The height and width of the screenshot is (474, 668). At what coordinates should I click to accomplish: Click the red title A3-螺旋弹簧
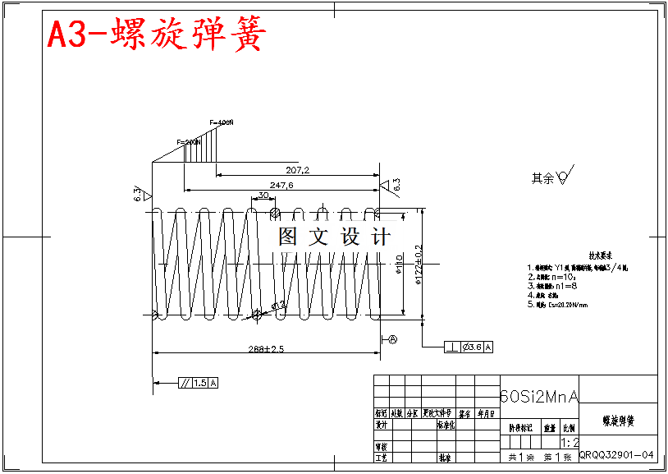156,35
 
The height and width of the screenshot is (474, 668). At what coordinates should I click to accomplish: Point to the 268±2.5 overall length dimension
266,349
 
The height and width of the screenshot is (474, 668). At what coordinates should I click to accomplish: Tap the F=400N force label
222,122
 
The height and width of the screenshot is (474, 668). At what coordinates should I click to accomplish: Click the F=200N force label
189,142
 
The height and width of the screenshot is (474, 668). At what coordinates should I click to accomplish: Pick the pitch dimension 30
263,195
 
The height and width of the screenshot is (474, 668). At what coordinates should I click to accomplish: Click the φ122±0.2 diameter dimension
419,264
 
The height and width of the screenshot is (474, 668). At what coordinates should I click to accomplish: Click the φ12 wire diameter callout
278,306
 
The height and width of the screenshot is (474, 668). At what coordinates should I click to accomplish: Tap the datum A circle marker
393,338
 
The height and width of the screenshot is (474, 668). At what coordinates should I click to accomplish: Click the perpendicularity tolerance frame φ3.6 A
469,347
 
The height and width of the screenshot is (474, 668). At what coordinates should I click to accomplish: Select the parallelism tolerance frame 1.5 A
199,383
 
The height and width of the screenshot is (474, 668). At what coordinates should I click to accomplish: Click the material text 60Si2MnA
538,397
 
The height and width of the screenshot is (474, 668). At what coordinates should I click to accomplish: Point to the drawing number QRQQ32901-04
616,454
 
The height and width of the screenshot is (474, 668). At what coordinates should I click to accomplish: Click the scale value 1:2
570,442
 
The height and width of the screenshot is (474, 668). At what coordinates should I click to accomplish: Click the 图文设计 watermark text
334,237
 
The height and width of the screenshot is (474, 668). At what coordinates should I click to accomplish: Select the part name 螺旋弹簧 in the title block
617,421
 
